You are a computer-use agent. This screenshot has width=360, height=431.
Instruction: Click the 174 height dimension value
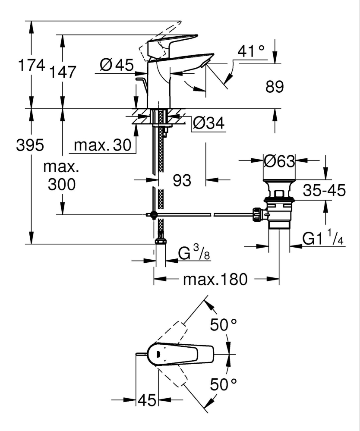click(31, 66)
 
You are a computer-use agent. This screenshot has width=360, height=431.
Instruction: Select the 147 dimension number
click(62, 72)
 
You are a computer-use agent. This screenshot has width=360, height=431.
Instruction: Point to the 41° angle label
click(251, 52)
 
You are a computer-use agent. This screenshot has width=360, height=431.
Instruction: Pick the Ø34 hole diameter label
click(208, 124)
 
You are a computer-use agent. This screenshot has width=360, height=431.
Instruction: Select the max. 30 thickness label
click(102, 145)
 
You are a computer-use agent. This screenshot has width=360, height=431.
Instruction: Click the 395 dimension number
click(30, 145)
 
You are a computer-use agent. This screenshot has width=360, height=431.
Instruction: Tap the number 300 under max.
click(62, 185)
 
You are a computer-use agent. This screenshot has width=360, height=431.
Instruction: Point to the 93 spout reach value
click(182, 181)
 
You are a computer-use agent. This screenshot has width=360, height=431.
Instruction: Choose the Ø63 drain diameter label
click(279, 161)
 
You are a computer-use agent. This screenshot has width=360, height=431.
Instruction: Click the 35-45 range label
click(324, 190)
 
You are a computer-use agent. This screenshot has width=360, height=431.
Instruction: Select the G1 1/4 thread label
click(323, 239)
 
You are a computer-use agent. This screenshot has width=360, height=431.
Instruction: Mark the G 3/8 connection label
click(194, 255)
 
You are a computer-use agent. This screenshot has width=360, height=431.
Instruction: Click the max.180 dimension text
click(215, 280)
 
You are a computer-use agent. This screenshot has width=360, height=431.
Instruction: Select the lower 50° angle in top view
click(224, 384)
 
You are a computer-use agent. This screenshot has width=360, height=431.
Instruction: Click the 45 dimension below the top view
click(147, 401)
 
